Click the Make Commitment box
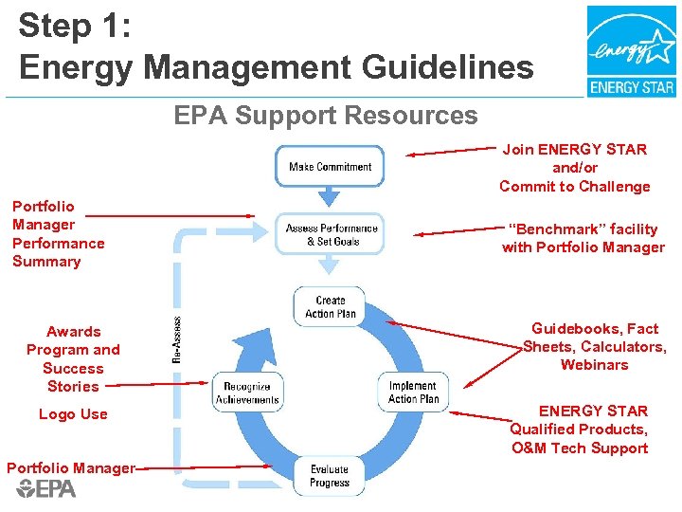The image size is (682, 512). [x=330, y=167]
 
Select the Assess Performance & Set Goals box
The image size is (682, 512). [x=331, y=234]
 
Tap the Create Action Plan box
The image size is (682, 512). [x=331, y=307]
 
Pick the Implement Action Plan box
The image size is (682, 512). [x=413, y=393]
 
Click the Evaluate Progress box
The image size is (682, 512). [x=329, y=476]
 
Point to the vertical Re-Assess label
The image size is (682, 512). [x=177, y=340]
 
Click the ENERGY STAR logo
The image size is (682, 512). [x=631, y=51]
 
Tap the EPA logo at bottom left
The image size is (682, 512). [x=45, y=488]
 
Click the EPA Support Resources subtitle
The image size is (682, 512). [x=325, y=116]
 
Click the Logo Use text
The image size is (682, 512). [x=73, y=414]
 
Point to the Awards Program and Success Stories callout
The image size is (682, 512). [x=73, y=358]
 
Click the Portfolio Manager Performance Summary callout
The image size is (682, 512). [x=58, y=233]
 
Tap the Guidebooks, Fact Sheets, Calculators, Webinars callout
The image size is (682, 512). [x=594, y=346]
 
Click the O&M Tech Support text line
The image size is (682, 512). [x=579, y=448]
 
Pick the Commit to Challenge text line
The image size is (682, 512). [x=574, y=186]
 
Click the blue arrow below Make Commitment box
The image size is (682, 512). [x=330, y=197]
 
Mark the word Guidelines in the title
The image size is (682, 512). [x=441, y=68]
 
